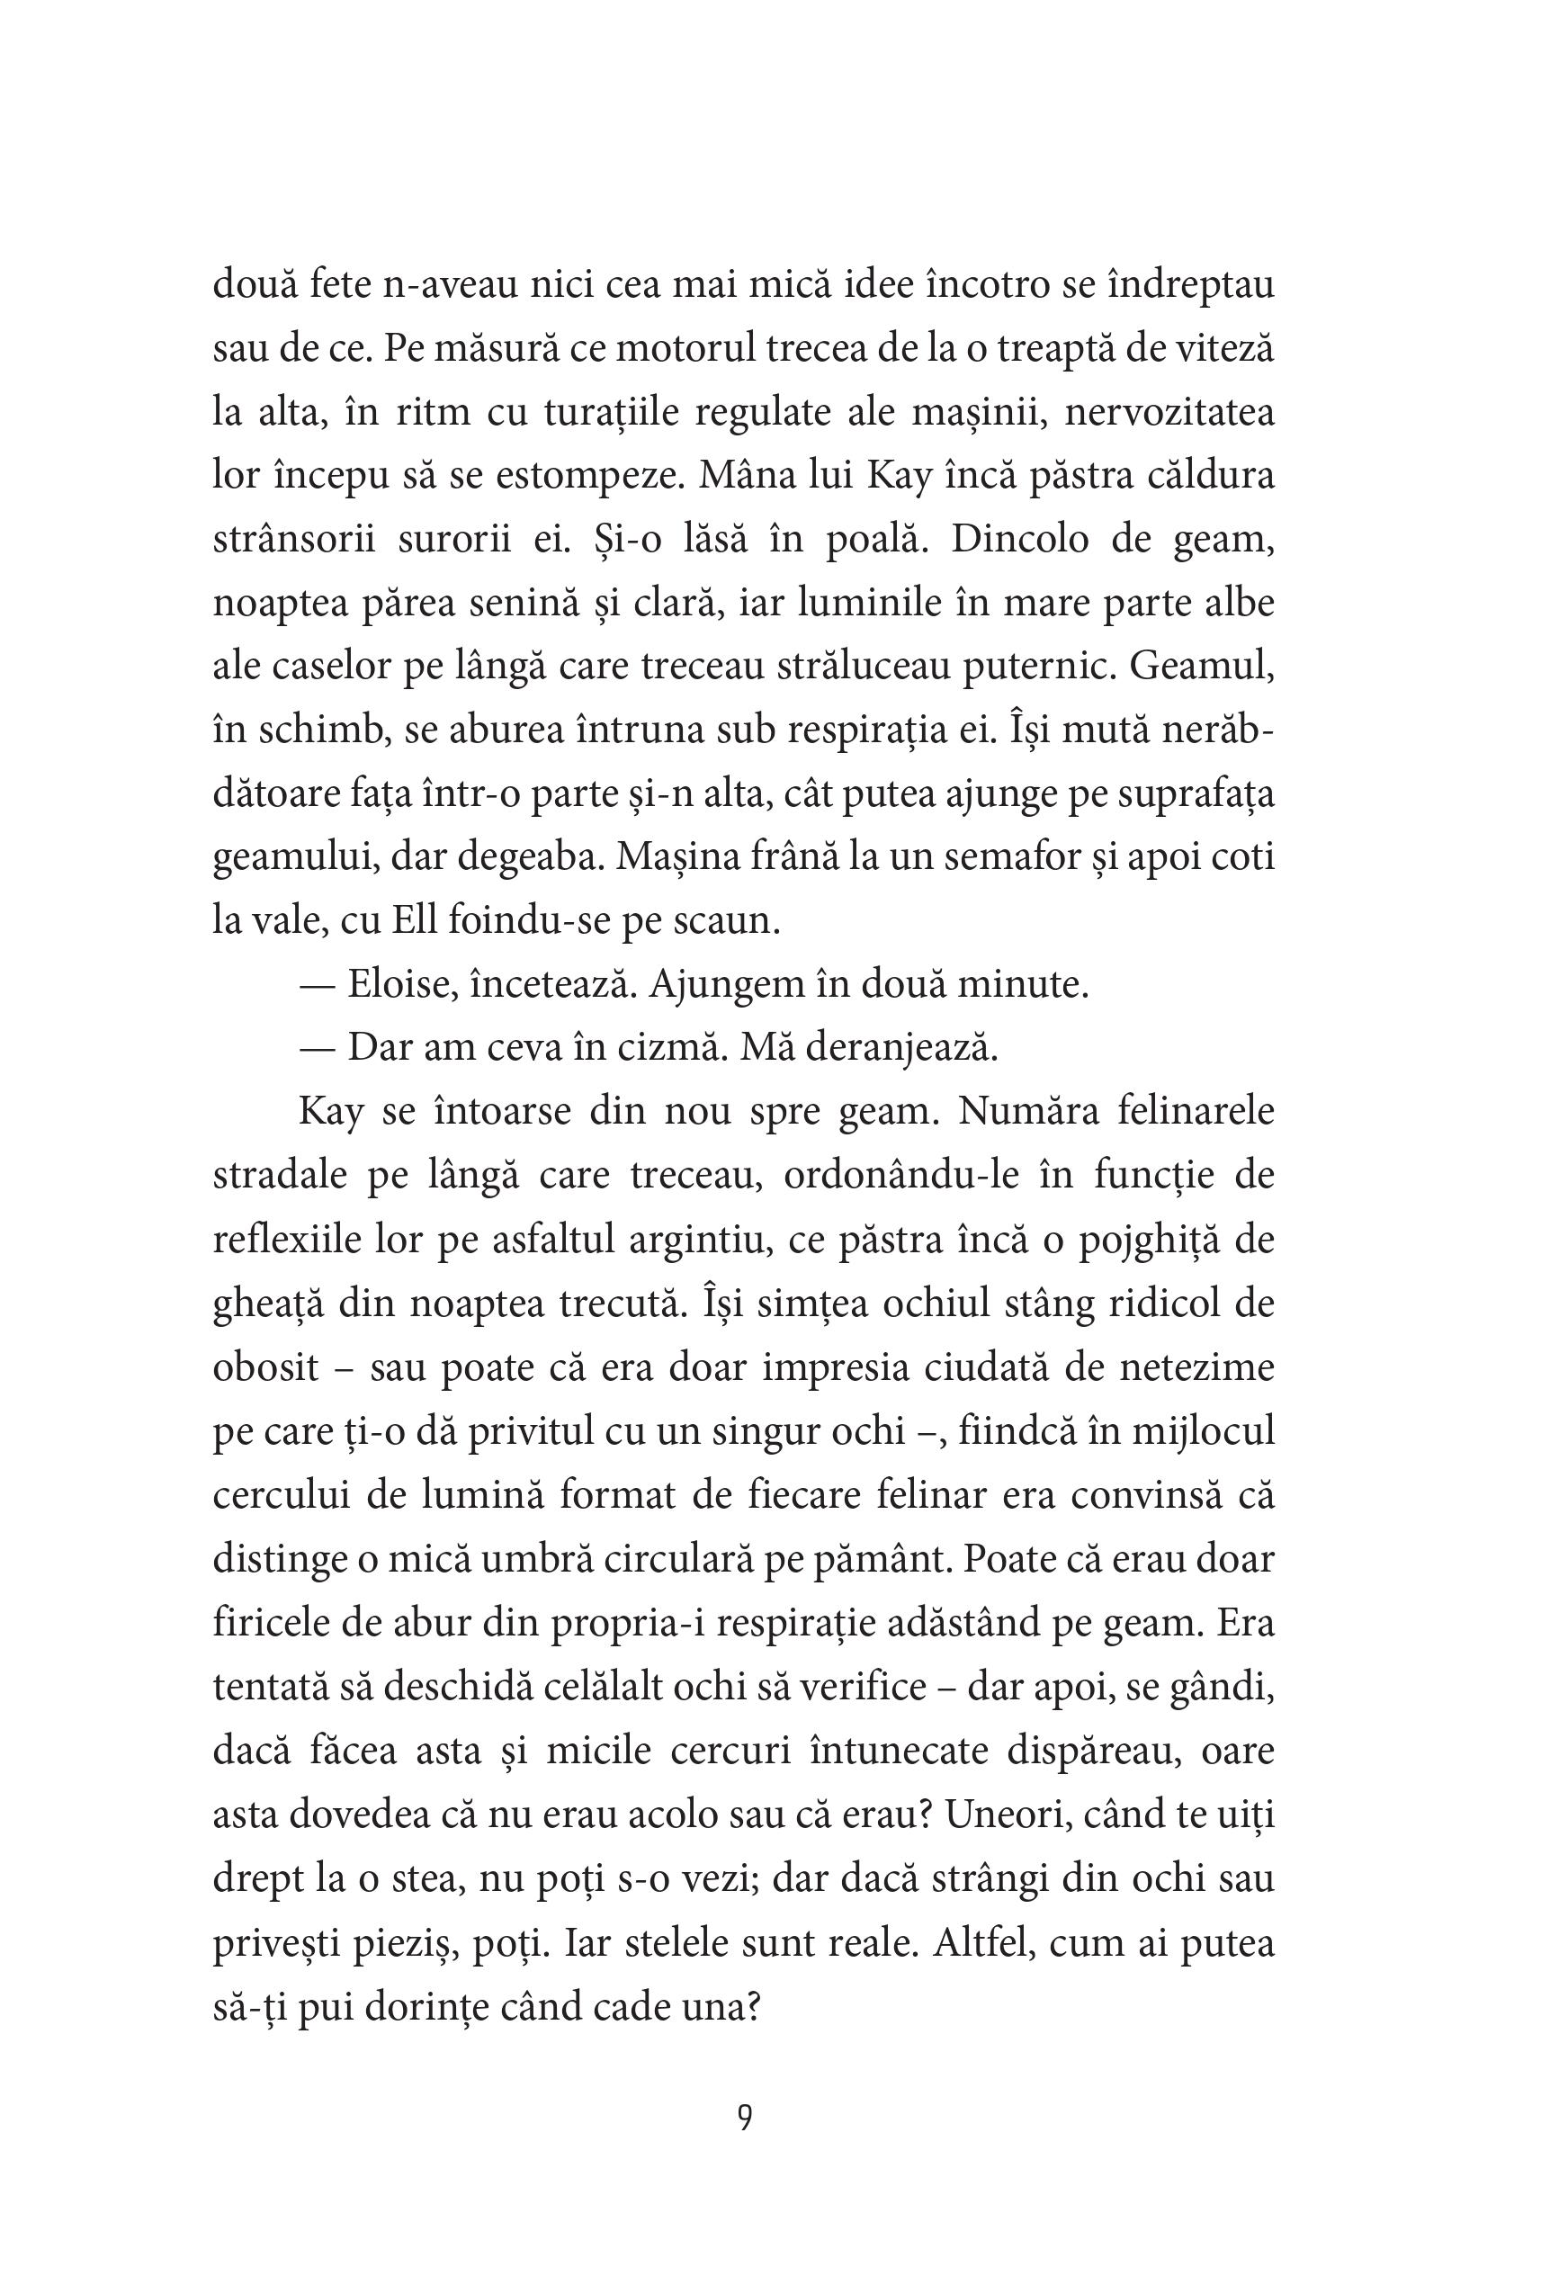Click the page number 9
[x=745, y=2117]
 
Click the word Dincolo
[x=1019, y=540]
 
